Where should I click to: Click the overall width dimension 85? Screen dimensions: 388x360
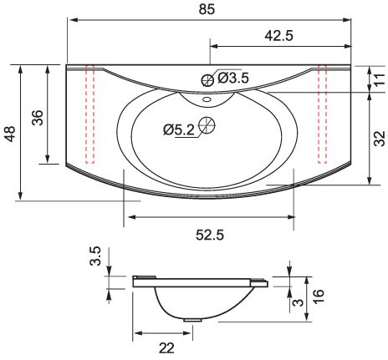(x=207, y=9)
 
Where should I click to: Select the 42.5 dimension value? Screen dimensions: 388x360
(x=279, y=36)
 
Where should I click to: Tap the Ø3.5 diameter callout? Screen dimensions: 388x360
(x=233, y=78)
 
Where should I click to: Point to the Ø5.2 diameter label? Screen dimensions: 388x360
(x=179, y=129)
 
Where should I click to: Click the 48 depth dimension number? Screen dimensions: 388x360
(x=10, y=134)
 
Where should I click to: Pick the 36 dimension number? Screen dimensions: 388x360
(x=38, y=118)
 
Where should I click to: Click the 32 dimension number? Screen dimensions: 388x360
(x=380, y=139)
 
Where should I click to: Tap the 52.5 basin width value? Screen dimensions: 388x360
(x=210, y=235)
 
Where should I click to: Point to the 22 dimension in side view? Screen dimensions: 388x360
(x=166, y=348)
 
